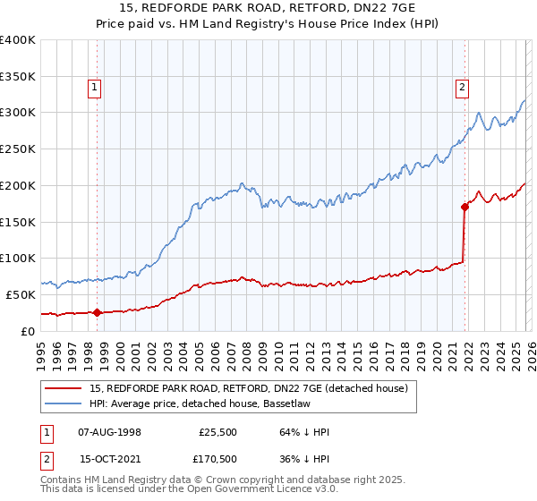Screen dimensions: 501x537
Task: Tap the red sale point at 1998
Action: [x=97, y=312]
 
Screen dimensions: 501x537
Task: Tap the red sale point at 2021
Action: [x=465, y=207]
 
